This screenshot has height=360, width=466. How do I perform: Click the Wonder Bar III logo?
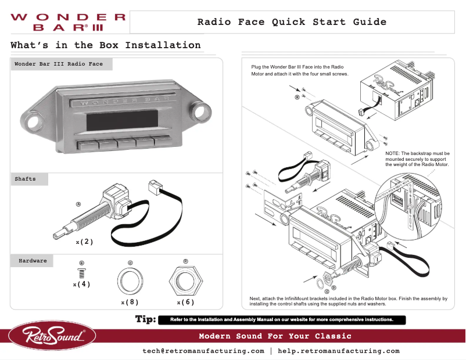67,22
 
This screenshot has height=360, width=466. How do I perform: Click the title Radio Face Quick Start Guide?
292,22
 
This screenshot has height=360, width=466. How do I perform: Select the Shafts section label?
26,179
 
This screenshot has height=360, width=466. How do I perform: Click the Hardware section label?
33,261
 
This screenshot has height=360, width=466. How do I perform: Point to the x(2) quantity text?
84,242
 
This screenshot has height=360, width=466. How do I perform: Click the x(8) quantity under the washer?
130,303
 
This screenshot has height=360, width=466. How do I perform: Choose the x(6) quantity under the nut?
185,303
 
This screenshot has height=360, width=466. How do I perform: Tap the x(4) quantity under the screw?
81,285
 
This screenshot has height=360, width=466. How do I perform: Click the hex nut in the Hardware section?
185,280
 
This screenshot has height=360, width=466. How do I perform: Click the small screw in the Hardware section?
81,272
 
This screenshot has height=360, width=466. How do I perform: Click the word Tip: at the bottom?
145,319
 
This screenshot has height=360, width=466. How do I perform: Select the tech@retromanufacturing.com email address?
203,351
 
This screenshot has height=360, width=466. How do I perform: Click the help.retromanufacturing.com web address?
339,351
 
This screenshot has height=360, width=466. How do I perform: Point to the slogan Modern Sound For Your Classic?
275,336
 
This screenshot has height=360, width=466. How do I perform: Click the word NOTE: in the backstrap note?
395,153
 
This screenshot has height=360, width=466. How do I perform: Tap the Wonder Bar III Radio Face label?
59,64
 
